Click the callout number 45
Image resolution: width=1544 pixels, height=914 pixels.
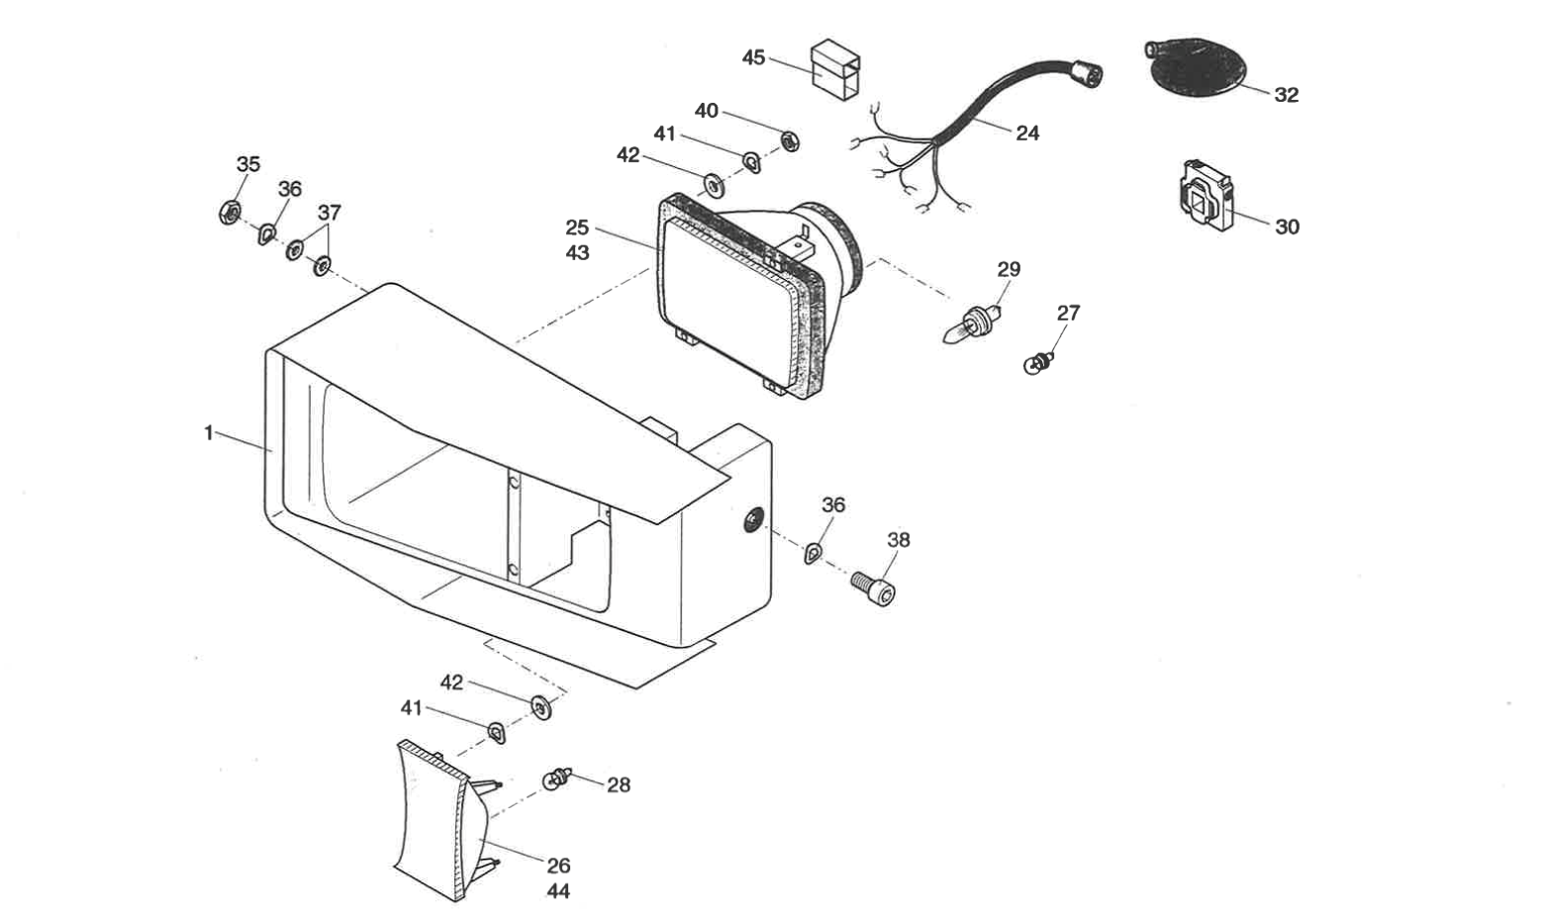tap(753, 58)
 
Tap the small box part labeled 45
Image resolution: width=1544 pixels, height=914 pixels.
tap(834, 70)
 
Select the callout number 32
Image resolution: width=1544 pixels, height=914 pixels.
tap(1286, 95)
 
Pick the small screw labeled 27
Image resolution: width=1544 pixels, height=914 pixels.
tap(1037, 363)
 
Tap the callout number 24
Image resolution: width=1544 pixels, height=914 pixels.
tap(1027, 133)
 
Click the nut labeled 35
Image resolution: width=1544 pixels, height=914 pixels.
tap(229, 211)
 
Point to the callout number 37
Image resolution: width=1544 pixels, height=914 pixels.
tap(329, 213)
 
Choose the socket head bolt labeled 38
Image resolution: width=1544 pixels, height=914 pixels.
tap(875, 589)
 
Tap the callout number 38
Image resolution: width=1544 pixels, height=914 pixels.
tap(898, 540)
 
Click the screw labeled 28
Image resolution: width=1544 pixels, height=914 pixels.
tap(557, 780)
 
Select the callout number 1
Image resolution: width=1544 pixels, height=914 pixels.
tap(209, 433)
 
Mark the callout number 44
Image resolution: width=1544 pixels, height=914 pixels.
tap(558, 891)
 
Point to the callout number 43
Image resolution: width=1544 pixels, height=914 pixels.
tap(577, 253)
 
